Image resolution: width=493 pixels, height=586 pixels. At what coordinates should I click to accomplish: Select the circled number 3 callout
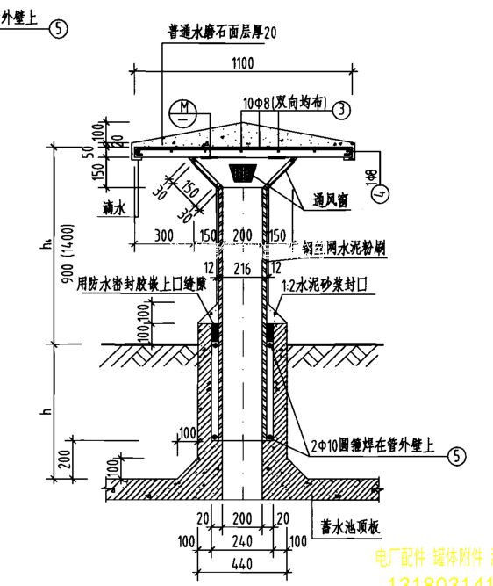[341, 110]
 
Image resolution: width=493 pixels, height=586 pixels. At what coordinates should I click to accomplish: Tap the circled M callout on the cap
[183, 110]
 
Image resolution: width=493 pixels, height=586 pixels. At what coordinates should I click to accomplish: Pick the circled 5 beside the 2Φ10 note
[457, 455]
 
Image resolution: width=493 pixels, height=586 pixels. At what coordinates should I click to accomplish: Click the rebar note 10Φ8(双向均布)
[284, 103]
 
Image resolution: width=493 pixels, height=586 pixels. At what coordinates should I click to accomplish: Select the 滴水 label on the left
[115, 208]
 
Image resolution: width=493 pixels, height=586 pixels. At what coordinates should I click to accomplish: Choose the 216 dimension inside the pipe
[244, 270]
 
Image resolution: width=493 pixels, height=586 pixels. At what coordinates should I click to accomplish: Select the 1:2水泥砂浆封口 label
[324, 286]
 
